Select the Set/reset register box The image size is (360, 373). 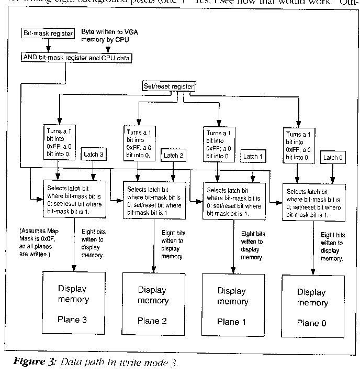tap(168, 85)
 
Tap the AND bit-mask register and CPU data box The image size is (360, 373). tap(76, 58)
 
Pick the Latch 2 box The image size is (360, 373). tap(174, 156)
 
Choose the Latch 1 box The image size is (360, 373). tap(253, 157)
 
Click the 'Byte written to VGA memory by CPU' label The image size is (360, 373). tap(109, 36)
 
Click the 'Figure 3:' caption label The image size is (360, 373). tap(32, 362)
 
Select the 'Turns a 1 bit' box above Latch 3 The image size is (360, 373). tap(59, 142)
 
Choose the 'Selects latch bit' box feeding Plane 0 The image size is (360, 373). tap(312, 201)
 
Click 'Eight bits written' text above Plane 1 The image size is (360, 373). tap(253, 246)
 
